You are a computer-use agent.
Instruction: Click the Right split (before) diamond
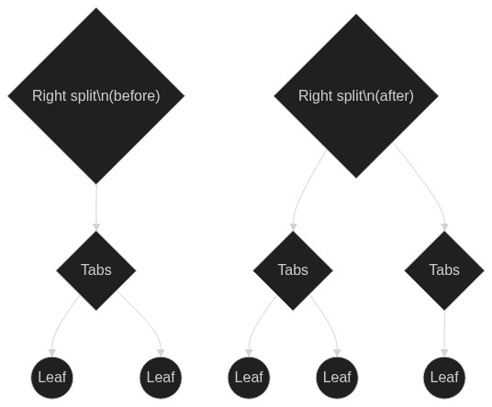coord(96,96)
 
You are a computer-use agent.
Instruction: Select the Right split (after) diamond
coord(356,96)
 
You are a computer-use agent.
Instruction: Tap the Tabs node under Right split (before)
coord(96,270)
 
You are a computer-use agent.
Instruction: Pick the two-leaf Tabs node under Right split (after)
coord(293,270)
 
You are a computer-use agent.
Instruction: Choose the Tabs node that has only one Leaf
coord(444,270)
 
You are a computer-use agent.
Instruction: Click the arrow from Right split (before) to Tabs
coord(96,207)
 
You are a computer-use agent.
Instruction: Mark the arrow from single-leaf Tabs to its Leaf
coord(444,334)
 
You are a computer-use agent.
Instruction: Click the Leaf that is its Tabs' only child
coord(444,378)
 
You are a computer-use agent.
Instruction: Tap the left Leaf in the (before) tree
coord(52,378)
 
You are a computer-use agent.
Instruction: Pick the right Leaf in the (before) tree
coord(161,378)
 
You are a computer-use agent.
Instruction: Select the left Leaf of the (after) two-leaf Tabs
coord(249,378)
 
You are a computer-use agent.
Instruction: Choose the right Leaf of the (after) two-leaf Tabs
coord(337,378)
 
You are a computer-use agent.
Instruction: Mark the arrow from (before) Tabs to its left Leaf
coord(60,323)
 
